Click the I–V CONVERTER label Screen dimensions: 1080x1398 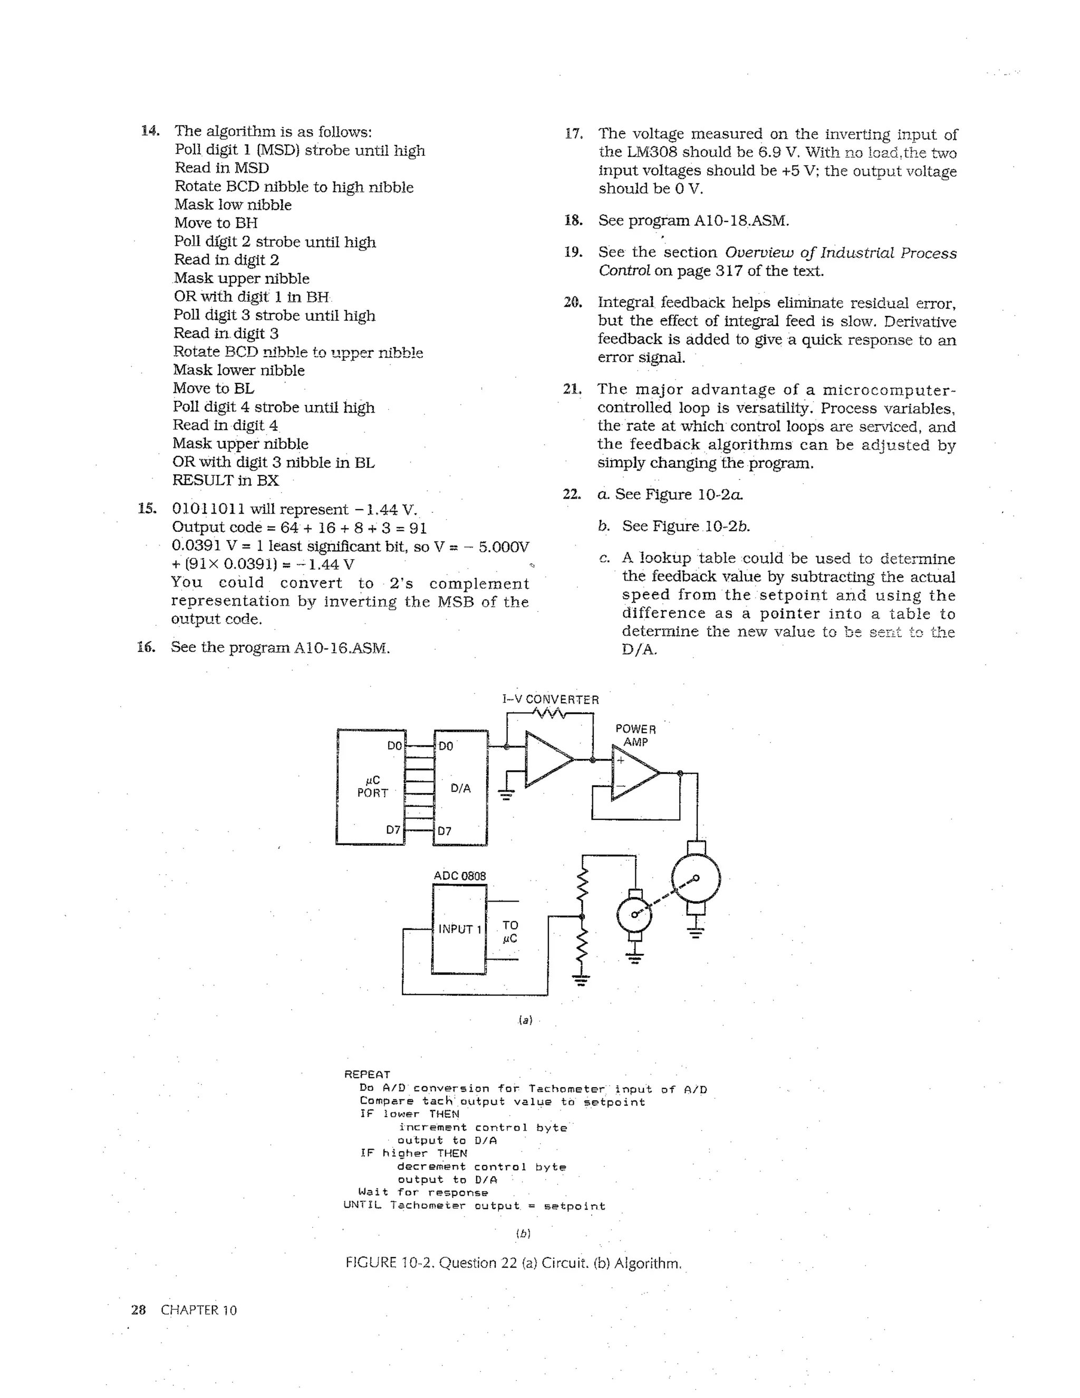550,700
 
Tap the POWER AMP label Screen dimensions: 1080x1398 635,735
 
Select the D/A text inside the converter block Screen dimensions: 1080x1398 461,788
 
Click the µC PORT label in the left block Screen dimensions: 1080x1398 372,787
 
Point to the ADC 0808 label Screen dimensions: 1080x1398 459,876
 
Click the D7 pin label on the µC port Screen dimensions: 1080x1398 393,830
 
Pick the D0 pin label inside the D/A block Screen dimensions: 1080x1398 445,746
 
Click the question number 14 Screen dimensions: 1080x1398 150,131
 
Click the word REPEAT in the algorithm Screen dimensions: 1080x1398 367,1075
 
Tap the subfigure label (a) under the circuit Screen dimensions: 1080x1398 525,1020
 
